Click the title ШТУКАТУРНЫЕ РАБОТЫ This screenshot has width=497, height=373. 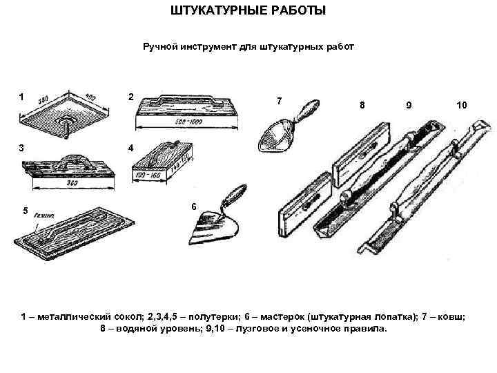click(x=248, y=12)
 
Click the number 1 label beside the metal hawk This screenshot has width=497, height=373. click(x=22, y=97)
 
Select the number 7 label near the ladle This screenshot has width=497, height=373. click(x=278, y=101)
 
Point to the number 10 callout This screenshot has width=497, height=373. click(x=461, y=105)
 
